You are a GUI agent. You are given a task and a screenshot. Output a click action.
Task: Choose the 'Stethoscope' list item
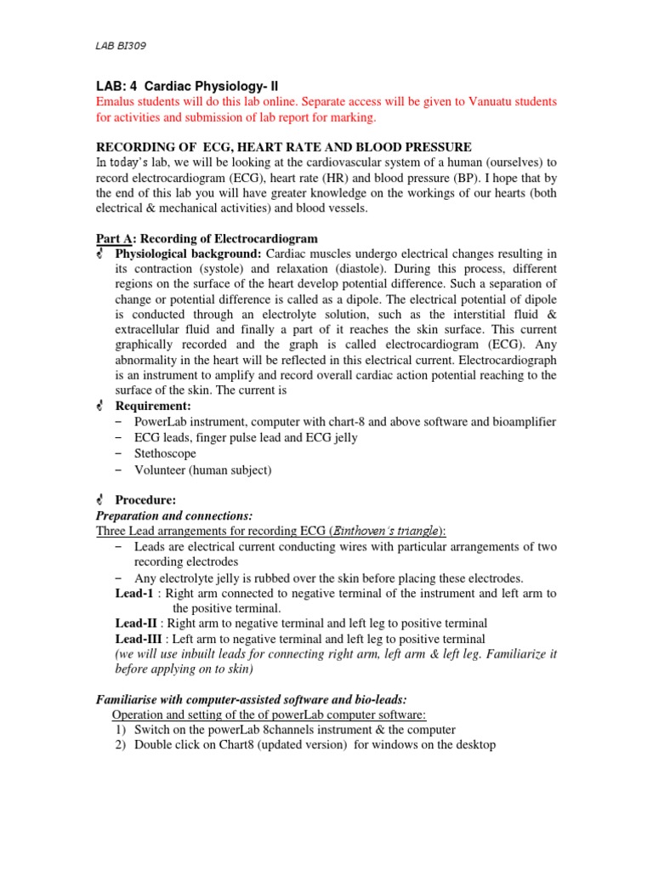click(166, 453)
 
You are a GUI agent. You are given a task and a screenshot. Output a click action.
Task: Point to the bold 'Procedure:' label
click(148, 499)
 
